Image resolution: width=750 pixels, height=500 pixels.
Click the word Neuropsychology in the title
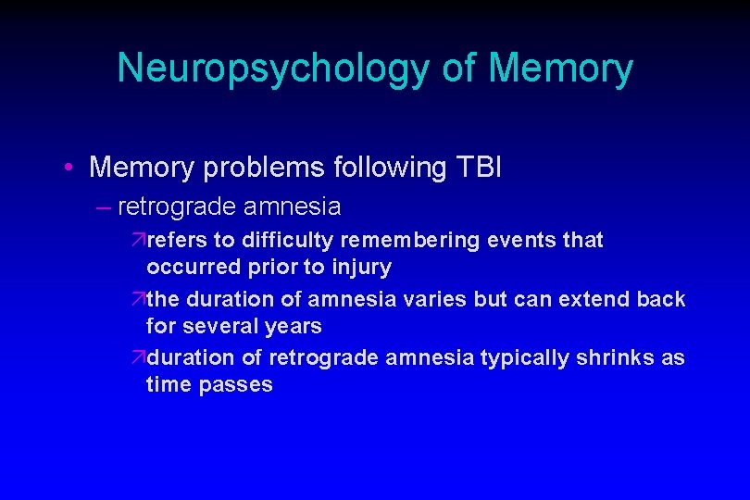point(269,69)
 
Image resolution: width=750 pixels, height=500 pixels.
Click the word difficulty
point(288,241)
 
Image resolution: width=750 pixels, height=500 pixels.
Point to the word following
point(386,168)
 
